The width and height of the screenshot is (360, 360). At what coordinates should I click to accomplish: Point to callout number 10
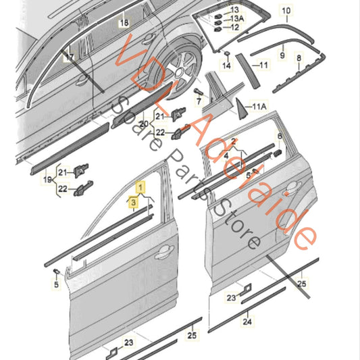pos(286,10)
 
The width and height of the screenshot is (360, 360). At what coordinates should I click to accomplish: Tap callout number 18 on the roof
pos(123,23)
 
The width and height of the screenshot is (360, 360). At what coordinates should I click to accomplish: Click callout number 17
pos(69,58)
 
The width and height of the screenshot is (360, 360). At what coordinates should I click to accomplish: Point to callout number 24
pos(248,322)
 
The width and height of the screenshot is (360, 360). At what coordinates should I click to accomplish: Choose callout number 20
pos(142,124)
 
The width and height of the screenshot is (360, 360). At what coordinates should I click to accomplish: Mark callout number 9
pos(282,54)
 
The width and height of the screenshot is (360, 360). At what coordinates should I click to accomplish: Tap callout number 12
pos(235,28)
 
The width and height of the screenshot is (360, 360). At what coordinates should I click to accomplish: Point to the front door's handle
pos(162,255)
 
